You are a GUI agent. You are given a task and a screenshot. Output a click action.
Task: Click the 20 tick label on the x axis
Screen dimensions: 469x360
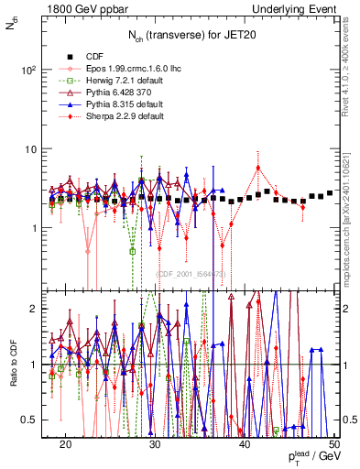(x=66, y=442)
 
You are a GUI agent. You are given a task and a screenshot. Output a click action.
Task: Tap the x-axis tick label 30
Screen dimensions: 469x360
(x=156, y=442)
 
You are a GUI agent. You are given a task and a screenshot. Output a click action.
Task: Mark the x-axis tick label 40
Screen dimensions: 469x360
(x=245, y=442)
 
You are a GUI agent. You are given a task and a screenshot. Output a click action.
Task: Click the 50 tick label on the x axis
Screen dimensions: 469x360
(x=334, y=442)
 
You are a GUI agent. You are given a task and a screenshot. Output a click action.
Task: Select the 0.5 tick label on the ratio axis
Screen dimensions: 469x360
(x=34, y=420)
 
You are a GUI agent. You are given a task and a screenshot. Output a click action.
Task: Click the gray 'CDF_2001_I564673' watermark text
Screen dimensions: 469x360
(x=191, y=274)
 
